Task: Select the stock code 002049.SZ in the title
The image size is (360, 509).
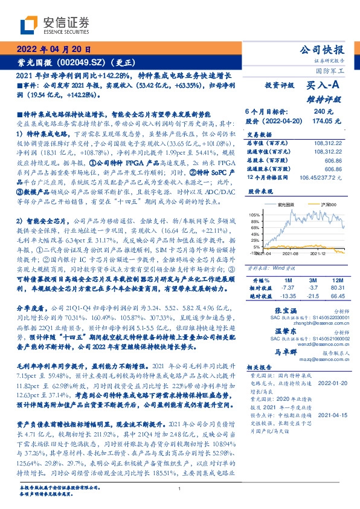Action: click(78, 62)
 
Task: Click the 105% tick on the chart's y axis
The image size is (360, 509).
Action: click(255, 215)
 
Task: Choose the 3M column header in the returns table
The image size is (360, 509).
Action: click(312, 281)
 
